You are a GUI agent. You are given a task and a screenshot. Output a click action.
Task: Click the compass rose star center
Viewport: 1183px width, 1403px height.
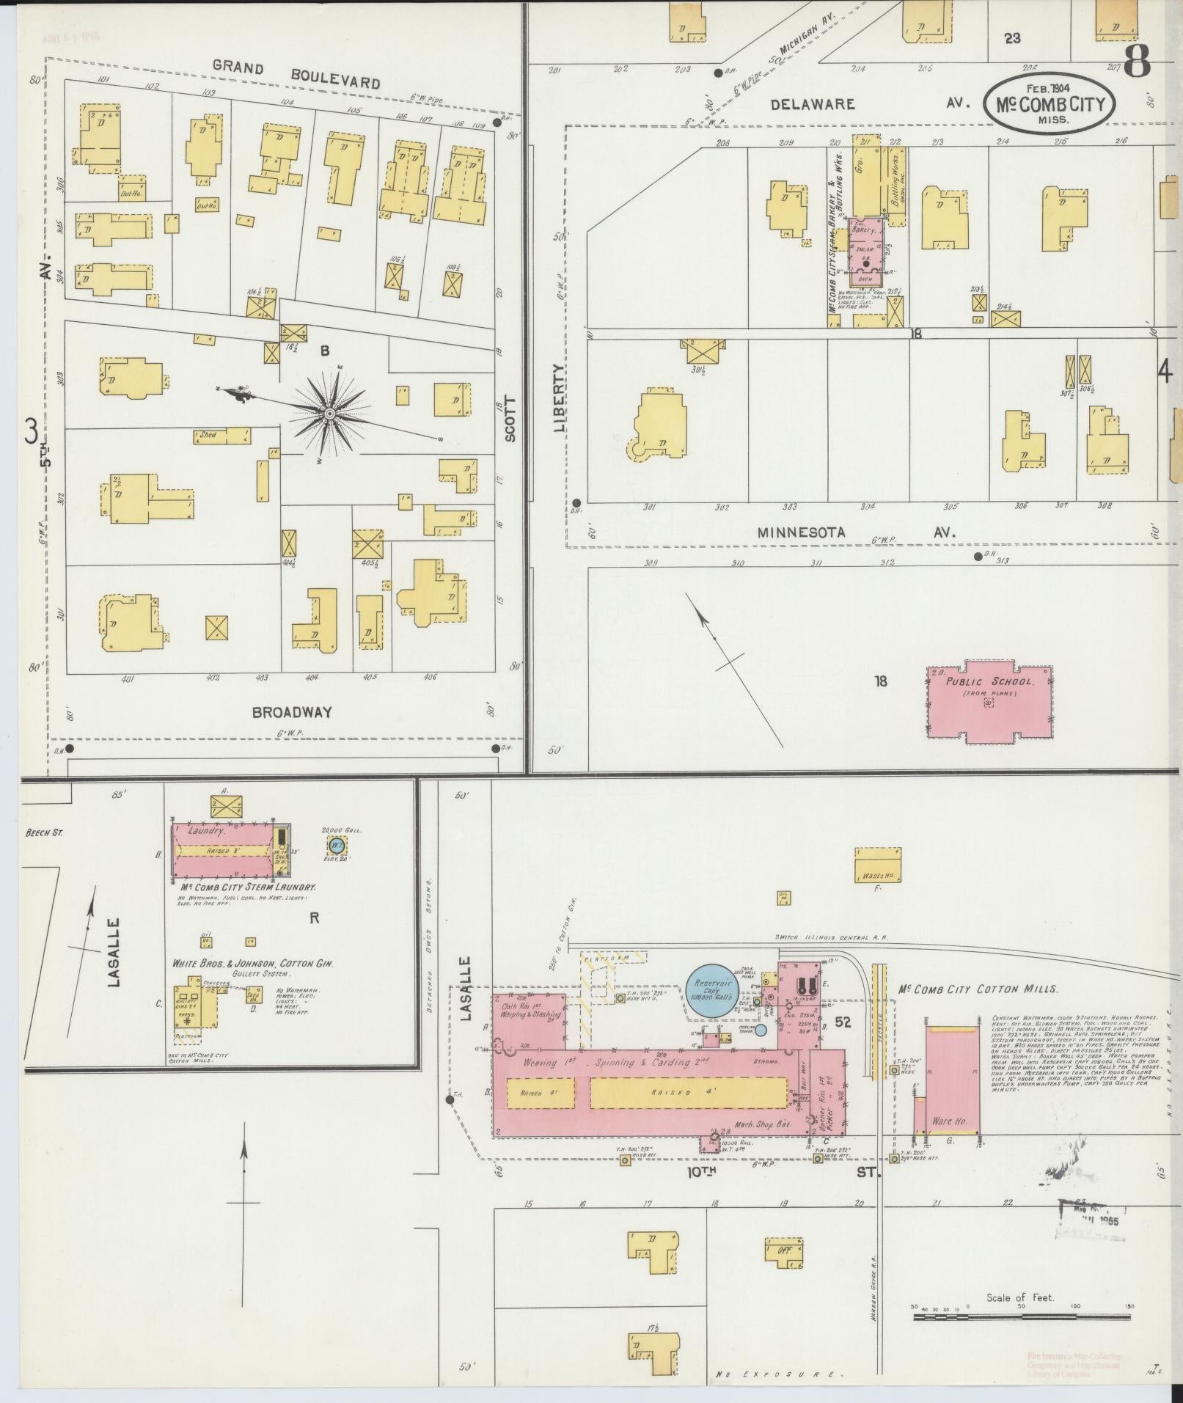tap(329, 414)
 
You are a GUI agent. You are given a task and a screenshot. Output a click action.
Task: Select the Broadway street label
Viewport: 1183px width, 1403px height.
tap(292, 711)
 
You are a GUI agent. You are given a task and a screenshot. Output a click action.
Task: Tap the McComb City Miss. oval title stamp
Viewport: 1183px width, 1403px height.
tap(1050, 103)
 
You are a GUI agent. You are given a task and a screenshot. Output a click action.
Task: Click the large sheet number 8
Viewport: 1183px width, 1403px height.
tap(1137, 62)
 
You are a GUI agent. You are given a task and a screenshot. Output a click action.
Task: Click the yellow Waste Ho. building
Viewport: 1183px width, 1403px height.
tap(877, 865)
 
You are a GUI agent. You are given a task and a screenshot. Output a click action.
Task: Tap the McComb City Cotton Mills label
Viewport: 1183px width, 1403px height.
tap(978, 989)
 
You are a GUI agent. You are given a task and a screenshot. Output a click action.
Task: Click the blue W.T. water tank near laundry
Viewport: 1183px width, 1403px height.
tap(336, 846)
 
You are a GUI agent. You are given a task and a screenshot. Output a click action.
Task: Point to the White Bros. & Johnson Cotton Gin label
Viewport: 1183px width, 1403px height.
tap(252, 963)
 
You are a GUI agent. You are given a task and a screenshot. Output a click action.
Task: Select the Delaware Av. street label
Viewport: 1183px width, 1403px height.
tap(813, 104)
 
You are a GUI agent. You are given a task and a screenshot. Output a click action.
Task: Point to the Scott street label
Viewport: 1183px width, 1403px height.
tap(510, 419)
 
